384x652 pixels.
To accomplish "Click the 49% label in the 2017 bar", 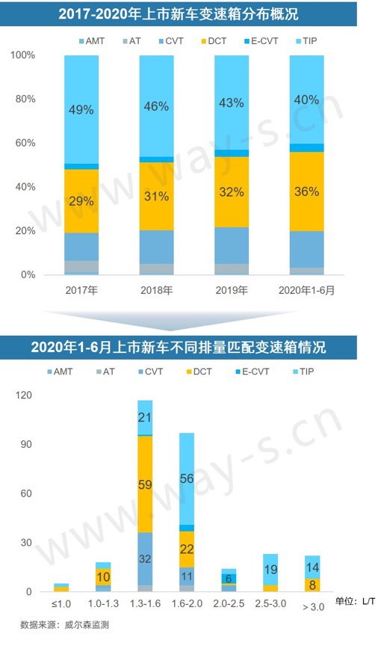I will tap(81, 110).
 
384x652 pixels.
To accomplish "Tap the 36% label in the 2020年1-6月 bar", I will tap(306, 191).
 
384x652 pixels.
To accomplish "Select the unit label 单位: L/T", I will tap(356, 602).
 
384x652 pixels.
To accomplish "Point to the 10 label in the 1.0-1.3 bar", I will tap(103, 576).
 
